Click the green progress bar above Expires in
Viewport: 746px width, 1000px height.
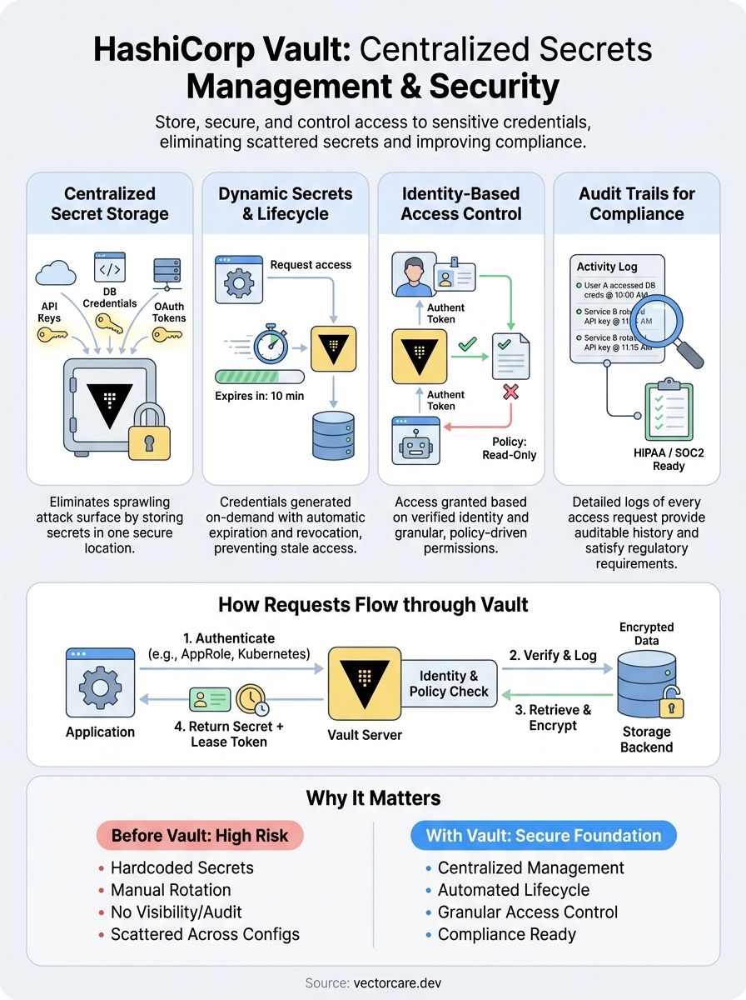tap(259, 377)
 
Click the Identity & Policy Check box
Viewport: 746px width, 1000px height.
tap(449, 683)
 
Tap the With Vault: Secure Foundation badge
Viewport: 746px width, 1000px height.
tap(544, 835)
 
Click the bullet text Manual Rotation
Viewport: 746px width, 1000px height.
tap(171, 890)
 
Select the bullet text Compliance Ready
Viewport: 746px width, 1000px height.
tap(507, 934)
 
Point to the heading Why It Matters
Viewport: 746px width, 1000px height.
tap(373, 798)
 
